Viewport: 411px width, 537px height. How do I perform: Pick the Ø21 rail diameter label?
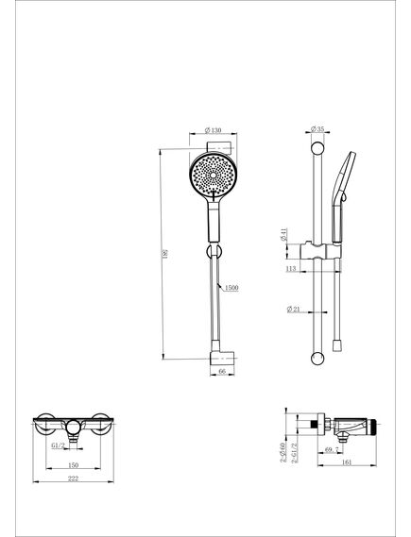pos(296,309)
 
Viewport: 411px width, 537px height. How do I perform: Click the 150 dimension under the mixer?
pos(72,465)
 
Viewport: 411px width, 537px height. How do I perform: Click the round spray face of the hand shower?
pos(211,174)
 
